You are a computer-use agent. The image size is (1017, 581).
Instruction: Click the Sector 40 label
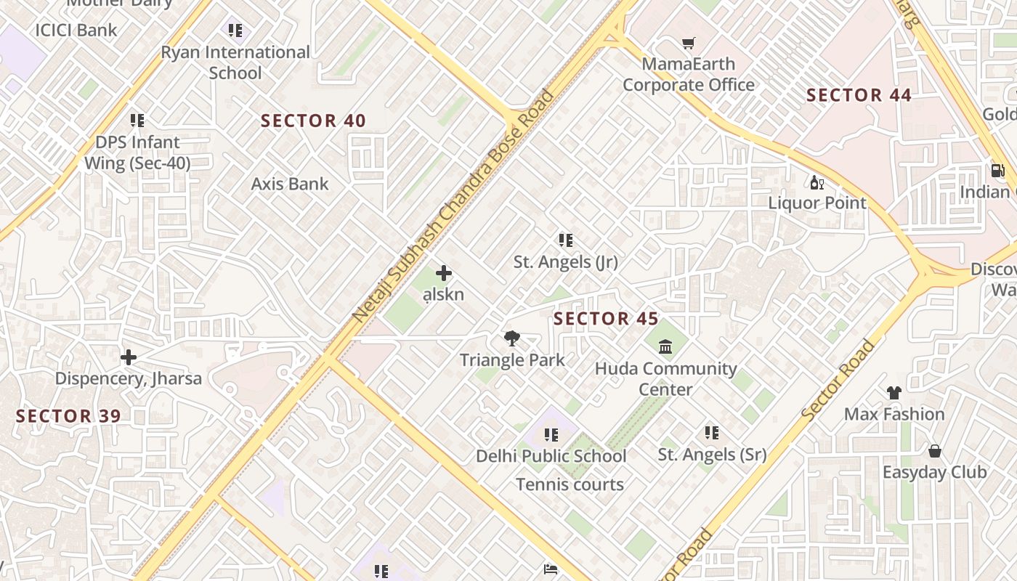313,121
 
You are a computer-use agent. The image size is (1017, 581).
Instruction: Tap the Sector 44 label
859,95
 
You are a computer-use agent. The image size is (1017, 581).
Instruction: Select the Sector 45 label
606,319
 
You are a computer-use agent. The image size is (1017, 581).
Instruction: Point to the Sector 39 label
68,416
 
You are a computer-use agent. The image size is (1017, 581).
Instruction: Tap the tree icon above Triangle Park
512,338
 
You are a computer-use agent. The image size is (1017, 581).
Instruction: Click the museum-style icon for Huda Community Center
665,346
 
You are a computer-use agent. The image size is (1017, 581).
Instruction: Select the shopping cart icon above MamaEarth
688,44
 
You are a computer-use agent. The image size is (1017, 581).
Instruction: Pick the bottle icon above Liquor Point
817,182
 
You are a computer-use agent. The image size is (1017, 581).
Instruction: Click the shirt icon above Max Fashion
894,393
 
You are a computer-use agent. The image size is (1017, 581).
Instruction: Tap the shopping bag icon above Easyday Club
934,451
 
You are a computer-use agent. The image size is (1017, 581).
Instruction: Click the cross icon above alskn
443,273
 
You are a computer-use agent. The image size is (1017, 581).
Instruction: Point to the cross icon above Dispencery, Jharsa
129,357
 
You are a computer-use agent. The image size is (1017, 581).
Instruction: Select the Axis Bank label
290,184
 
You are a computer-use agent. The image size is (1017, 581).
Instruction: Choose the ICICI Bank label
76,30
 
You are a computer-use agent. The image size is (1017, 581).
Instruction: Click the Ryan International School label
235,62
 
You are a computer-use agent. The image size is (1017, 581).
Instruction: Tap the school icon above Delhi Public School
551,435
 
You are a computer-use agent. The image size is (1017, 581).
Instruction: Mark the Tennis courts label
570,484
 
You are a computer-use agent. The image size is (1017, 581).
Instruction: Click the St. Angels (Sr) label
712,455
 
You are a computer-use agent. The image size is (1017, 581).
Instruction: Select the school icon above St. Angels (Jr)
565,240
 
